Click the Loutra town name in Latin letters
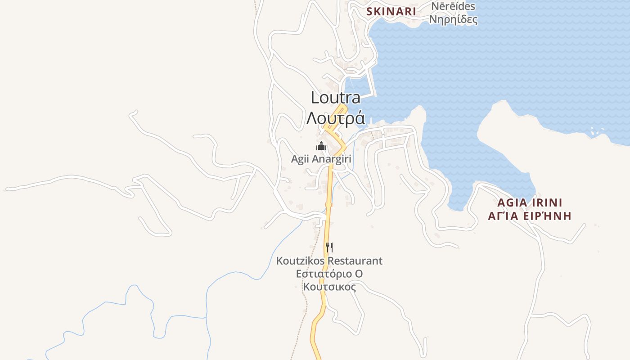335,98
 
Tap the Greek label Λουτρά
335,118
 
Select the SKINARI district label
391,12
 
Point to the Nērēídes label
453,6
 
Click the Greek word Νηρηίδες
453,20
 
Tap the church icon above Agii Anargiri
321,146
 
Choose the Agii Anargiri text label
321,159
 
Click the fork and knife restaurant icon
329,247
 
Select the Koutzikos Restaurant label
329,261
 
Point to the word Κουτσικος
329,287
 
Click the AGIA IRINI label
530,202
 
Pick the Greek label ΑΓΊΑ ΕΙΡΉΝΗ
530,216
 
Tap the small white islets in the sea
597,132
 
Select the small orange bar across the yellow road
329,204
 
